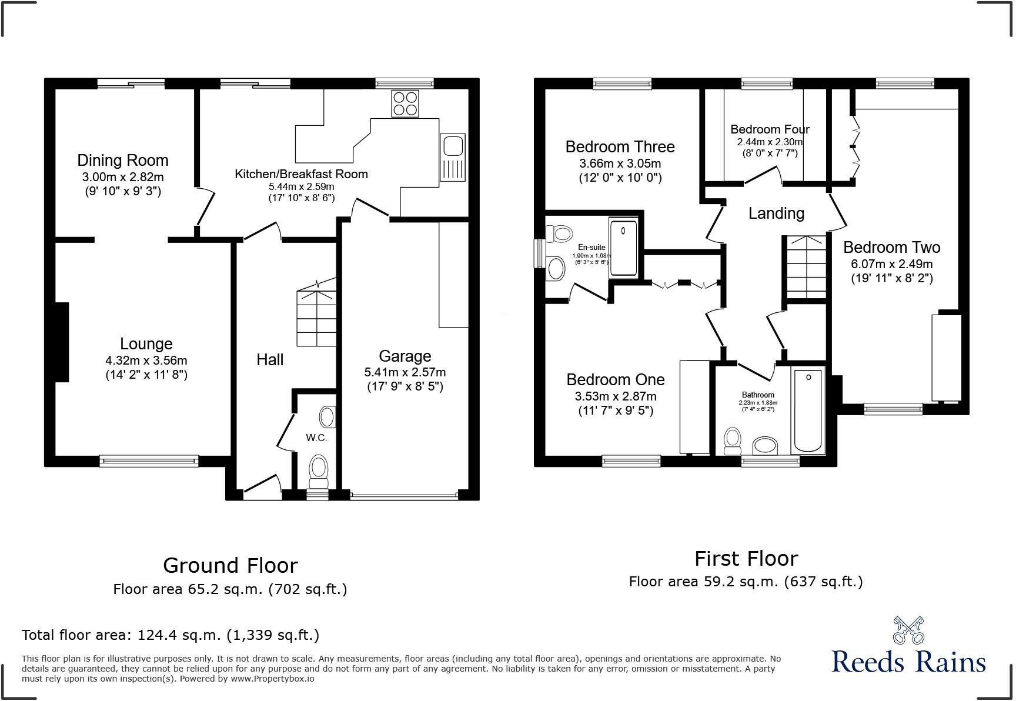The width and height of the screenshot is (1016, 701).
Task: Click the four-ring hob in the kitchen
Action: tap(405, 104)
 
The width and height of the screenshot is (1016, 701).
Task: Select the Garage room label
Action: tap(405, 356)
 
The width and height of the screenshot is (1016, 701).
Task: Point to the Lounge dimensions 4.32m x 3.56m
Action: tap(146, 360)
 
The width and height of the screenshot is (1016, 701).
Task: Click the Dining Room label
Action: tap(123, 160)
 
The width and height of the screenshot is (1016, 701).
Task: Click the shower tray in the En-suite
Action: tap(623, 248)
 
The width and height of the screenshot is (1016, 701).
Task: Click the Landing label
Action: tap(776, 213)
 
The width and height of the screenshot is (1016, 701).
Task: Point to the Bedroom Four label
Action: tap(770, 129)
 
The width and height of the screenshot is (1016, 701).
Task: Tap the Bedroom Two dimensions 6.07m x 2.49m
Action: tap(891, 264)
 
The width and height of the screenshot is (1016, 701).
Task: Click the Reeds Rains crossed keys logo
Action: tap(908, 630)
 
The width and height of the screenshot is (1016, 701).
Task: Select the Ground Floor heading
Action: tap(230, 565)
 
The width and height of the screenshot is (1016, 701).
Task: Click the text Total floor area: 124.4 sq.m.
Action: tap(171, 635)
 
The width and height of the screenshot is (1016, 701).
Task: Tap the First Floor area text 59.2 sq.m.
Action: tap(746, 582)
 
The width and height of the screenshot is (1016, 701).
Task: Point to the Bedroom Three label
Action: tap(620, 146)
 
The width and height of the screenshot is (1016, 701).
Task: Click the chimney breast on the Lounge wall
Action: tap(62, 342)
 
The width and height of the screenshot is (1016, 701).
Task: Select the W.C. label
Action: tap(316, 438)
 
